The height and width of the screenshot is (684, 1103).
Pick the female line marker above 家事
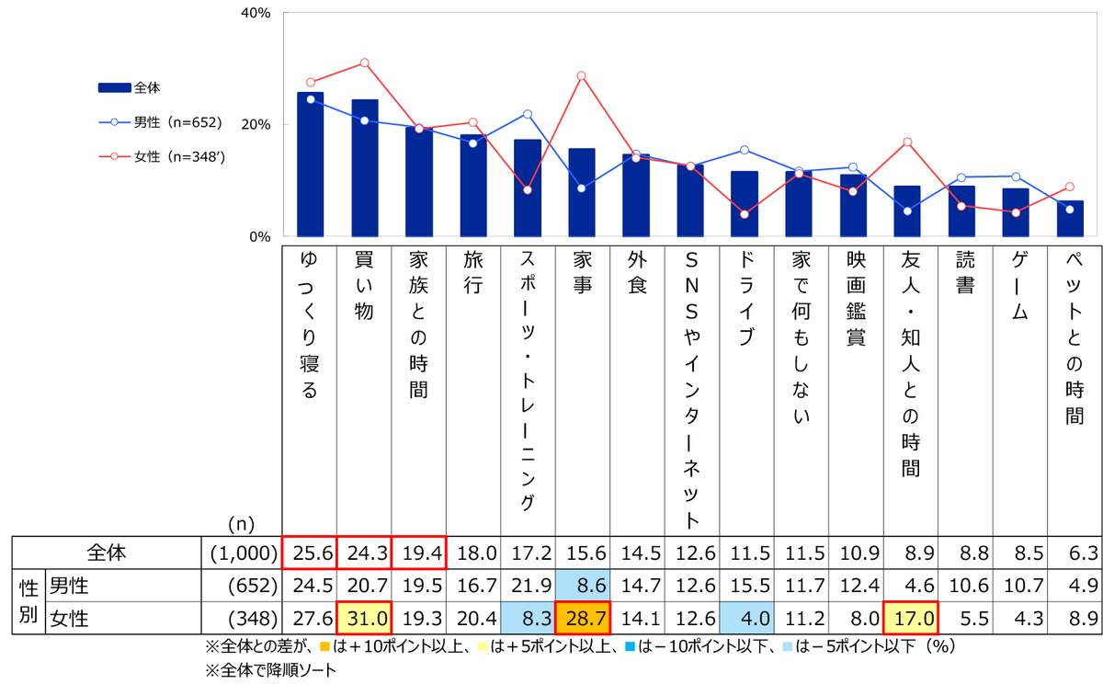[581, 76]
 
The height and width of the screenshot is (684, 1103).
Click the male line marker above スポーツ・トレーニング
[527, 114]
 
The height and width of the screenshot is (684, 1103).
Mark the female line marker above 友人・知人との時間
[907, 142]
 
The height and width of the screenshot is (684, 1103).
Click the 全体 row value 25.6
[310, 553]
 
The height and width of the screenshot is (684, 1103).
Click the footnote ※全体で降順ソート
[272, 670]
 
